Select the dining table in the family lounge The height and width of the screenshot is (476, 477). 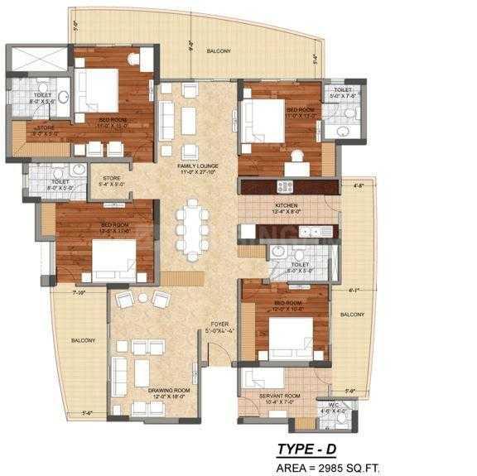192,229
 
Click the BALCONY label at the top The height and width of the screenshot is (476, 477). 219,51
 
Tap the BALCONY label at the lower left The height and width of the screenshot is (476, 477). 82,340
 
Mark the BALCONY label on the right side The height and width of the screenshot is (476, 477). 352,314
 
